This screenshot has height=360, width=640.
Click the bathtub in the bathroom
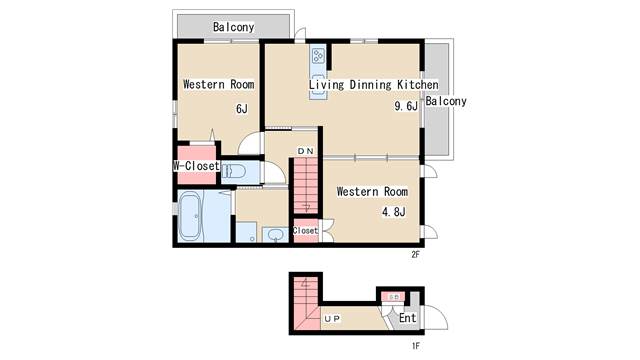[190, 216]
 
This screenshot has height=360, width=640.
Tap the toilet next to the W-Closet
[233, 171]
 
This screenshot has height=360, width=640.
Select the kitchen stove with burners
[318, 56]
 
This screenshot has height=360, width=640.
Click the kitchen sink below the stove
[318, 83]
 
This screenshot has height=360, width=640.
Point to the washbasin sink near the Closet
[276, 235]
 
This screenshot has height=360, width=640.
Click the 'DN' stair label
[305, 151]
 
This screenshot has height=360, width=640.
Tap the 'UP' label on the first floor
[332, 318]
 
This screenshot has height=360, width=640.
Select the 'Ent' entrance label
[407, 318]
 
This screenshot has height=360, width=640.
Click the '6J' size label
[242, 109]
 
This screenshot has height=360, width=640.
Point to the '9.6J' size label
[406, 106]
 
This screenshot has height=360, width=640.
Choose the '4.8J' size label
[393, 212]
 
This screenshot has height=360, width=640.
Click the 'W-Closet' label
[196, 166]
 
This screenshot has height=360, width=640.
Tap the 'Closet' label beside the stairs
[305, 231]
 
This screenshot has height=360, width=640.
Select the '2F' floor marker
[415, 255]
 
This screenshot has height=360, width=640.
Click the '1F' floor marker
[415, 346]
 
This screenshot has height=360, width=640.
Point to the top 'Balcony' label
[233, 27]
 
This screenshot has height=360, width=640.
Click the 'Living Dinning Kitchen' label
[373, 85]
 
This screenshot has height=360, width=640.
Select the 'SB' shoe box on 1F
[393, 297]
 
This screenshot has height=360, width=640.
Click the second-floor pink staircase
[306, 186]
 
